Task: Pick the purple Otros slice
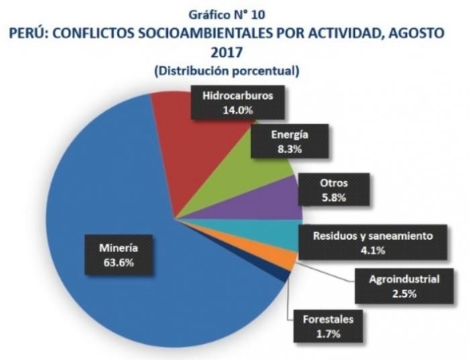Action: coord(269,201)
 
